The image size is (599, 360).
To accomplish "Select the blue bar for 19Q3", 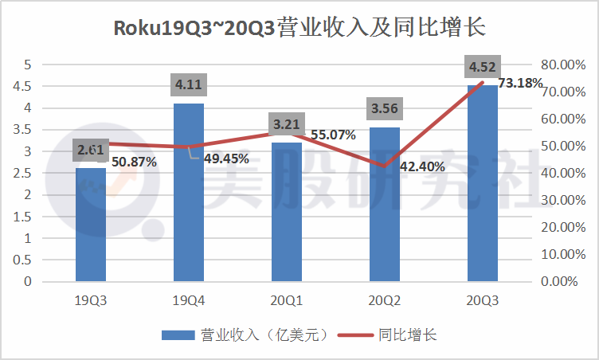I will tap(90, 231).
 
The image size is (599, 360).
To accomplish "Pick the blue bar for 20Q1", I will tap(287, 215).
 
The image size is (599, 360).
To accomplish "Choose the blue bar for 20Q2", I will tap(385, 207).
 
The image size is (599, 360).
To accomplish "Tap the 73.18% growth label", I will tap(520, 83).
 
